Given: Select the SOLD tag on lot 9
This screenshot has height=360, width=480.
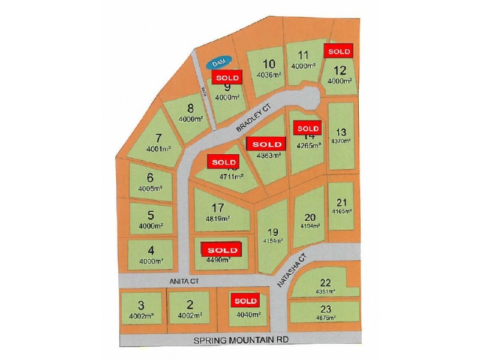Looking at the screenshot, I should [227, 77].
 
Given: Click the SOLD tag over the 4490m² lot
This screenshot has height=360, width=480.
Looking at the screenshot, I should [222, 250].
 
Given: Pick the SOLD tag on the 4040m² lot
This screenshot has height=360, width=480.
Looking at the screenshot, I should [245, 301].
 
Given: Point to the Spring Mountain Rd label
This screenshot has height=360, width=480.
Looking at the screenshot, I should [238, 341].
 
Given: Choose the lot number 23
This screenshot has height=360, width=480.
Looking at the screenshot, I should [325, 310].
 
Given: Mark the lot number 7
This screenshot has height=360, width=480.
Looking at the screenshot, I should [158, 137].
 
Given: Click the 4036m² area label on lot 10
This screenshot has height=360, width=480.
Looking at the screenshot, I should [269, 75].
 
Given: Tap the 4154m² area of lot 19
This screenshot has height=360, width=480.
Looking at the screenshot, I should [272, 241].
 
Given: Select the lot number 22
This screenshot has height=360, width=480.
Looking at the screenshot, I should [325, 283].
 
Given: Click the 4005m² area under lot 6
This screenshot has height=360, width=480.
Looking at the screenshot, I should [150, 188].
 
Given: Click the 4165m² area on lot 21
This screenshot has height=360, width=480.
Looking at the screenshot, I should [342, 211].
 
